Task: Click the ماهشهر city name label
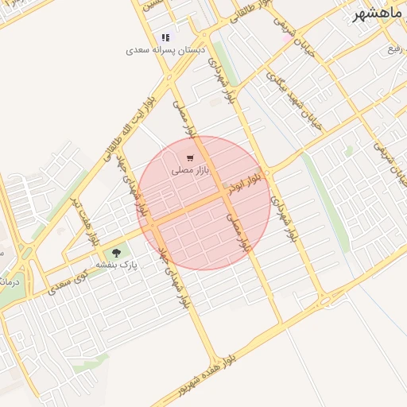coord(380,15)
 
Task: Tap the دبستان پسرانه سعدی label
coord(165,50)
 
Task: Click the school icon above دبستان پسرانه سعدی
coord(165,37)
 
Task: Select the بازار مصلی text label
coord(190,170)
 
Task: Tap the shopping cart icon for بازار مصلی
coord(190,158)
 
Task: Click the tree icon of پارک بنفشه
coord(118,254)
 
